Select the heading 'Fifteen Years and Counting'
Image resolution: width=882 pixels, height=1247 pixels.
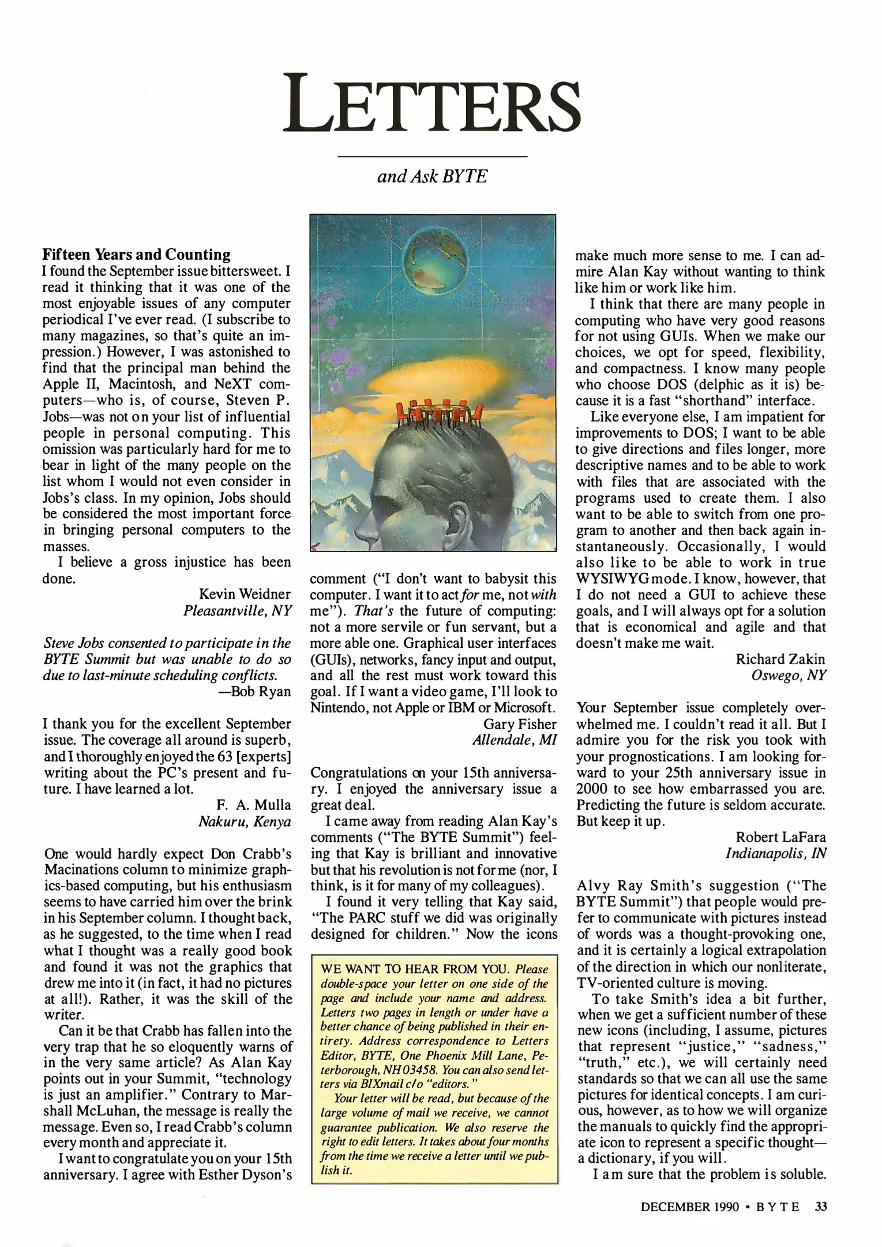pos(137,255)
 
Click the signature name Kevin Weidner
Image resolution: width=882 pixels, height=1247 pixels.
pos(245,594)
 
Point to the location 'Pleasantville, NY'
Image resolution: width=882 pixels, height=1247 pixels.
pos(238,610)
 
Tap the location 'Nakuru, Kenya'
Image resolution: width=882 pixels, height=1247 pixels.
pos(245,822)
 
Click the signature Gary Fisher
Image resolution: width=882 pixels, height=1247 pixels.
pos(520,724)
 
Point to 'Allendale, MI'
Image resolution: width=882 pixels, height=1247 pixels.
pos(515,740)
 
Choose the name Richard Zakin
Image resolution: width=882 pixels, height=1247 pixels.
pos(780,659)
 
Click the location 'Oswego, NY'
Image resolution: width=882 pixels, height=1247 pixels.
pos(789,675)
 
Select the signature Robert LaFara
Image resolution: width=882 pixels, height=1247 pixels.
pos(780,837)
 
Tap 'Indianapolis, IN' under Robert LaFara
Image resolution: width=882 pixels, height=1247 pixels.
pos(776,853)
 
